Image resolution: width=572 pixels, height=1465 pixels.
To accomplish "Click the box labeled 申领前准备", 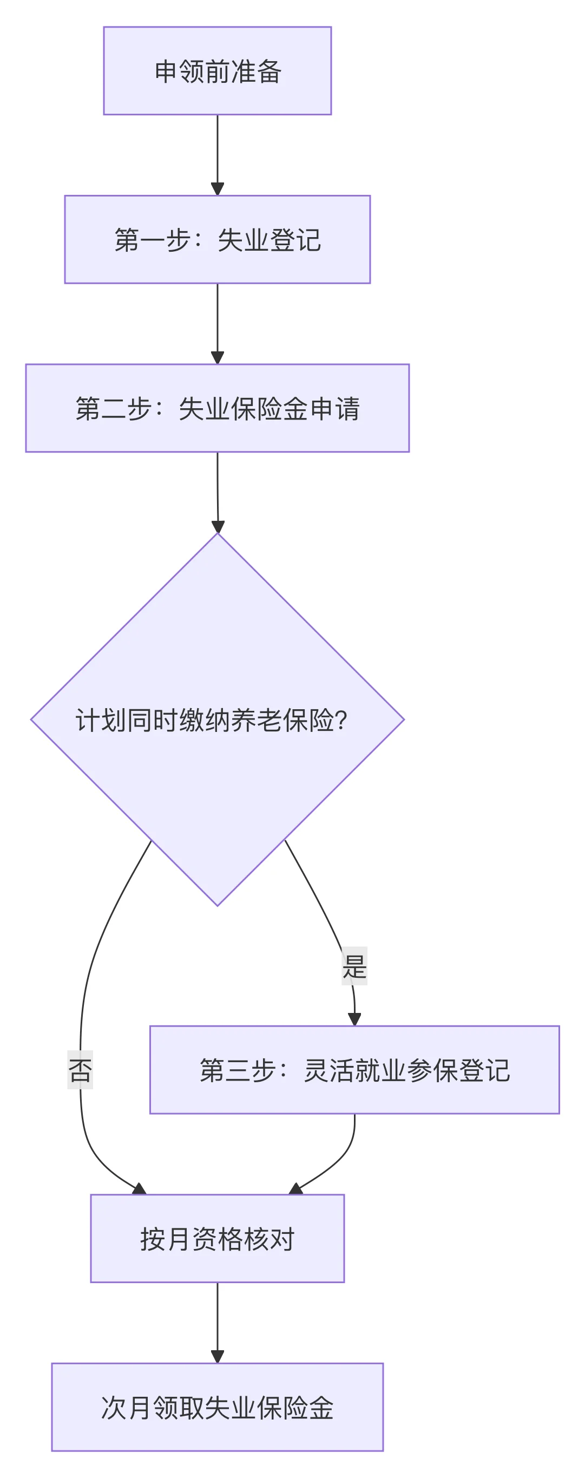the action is [217, 71].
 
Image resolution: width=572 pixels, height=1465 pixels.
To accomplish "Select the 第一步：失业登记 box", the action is [217, 239].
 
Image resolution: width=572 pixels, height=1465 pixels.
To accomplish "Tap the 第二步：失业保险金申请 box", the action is [217, 408].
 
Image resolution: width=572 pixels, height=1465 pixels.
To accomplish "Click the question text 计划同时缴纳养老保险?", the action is [211, 720].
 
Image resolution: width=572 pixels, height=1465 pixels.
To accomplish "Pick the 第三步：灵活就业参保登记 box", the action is [354, 1070].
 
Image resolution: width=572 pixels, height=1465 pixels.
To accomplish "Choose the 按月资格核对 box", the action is [217, 1239].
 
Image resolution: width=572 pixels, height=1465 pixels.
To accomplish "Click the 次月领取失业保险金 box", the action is [217, 1408].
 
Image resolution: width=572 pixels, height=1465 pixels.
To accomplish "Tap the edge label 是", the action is [354, 966].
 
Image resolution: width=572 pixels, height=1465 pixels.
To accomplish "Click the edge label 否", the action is [80, 1070].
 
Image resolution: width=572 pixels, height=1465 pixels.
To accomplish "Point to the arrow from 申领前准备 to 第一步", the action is [217, 155].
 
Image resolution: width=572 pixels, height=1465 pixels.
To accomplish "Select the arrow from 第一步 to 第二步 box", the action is [217, 323].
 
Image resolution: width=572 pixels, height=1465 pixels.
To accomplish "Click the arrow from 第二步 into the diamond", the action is [217, 492].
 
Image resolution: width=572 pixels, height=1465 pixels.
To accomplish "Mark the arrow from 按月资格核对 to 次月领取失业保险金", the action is [217, 1322].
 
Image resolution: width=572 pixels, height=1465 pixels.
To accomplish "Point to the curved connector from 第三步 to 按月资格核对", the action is [339, 1160].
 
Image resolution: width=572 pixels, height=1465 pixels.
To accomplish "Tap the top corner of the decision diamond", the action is [217, 534].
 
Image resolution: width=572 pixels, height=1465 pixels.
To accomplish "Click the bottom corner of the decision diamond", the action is [217, 904].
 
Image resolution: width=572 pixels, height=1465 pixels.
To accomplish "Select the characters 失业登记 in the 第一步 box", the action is [269, 239].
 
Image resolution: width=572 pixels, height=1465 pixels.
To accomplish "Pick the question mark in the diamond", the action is [341, 720].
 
